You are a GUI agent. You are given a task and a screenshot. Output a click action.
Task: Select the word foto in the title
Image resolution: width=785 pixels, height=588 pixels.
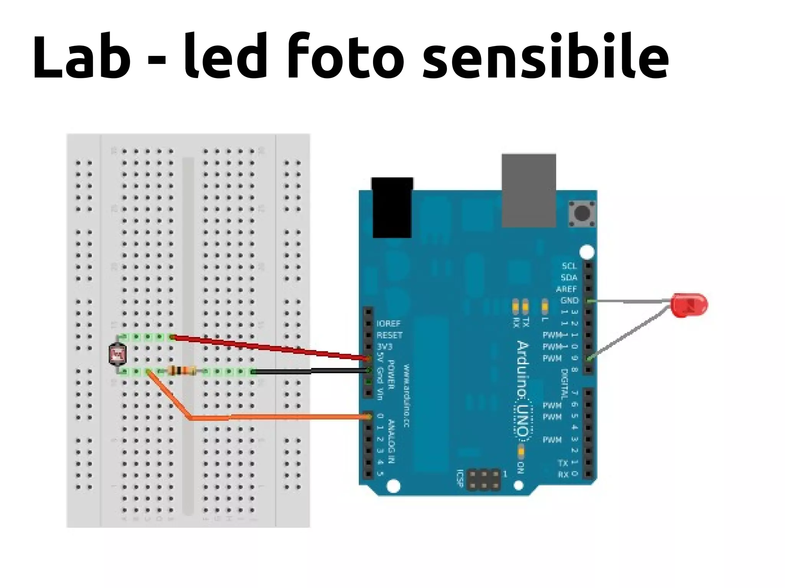pyautogui.click(x=345, y=57)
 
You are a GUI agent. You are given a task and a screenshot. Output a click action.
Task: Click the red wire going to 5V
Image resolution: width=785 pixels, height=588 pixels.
pyautogui.click(x=268, y=347)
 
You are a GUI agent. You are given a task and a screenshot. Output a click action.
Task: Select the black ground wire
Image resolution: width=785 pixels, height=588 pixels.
pyautogui.click(x=310, y=371)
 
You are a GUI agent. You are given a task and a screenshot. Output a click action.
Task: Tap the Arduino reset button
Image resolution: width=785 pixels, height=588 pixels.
pyautogui.click(x=582, y=213)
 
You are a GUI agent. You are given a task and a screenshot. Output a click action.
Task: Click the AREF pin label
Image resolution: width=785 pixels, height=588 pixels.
pyautogui.click(x=566, y=289)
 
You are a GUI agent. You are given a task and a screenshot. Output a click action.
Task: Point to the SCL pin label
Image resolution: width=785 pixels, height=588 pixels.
pyautogui.click(x=569, y=266)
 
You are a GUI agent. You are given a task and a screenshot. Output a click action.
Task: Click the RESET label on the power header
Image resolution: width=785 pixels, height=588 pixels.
pyautogui.click(x=389, y=335)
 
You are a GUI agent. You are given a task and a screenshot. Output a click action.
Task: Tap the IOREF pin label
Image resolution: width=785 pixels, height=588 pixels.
pyautogui.click(x=388, y=324)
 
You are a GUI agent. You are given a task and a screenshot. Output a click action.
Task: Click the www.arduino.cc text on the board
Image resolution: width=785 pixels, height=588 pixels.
pyautogui.click(x=406, y=396)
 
